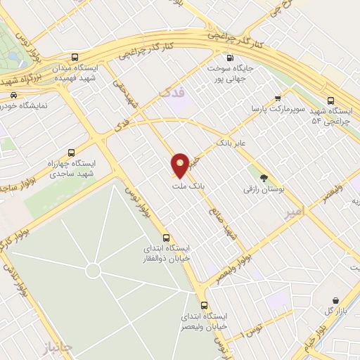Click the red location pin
coord(181,165)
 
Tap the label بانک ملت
coord(186,186)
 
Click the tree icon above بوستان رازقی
coord(264,178)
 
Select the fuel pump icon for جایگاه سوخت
coord(229,58)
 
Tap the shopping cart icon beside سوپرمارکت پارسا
coord(279,98)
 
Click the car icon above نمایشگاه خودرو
coord(15,94)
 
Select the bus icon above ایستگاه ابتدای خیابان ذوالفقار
coord(166,237)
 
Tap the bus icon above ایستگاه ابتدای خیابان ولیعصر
coord(204,305)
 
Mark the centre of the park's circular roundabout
coord(92,271)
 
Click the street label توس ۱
coord(253,328)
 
